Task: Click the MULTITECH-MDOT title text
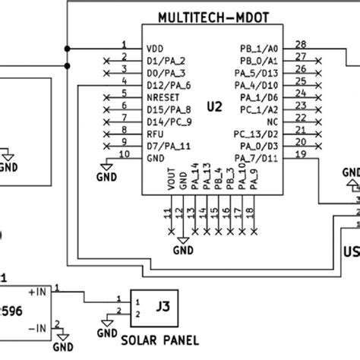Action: tap(215, 17)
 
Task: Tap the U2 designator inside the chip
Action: tap(215, 107)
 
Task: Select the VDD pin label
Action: tap(156, 47)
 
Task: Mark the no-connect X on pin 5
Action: tap(106, 96)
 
